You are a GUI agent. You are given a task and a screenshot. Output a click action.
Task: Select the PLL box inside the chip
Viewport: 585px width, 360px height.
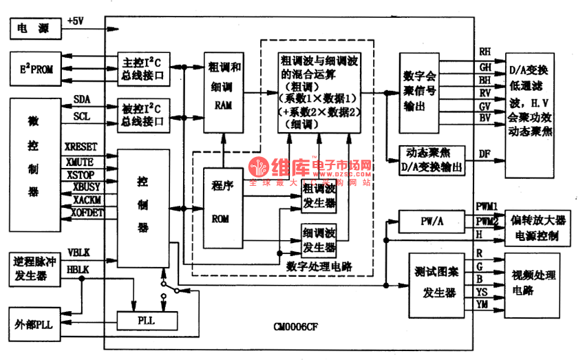pyautogui.click(x=147, y=320)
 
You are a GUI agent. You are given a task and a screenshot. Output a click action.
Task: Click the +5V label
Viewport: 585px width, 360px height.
pyautogui.click(x=75, y=21)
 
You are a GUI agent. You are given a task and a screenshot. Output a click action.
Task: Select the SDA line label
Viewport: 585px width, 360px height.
pyautogui.click(x=81, y=100)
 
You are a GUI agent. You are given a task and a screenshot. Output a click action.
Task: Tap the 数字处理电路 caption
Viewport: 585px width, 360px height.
pyautogui.click(x=319, y=265)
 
